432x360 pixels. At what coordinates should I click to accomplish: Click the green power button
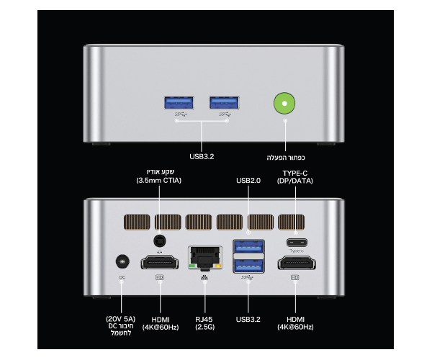click(284, 104)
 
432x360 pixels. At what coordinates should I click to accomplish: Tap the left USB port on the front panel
click(179, 104)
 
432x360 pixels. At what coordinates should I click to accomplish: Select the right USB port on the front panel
click(223, 104)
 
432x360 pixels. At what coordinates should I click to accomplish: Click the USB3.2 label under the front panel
click(202, 156)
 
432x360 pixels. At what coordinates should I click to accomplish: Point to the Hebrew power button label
click(286, 157)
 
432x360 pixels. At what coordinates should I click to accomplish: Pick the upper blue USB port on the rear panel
click(248, 246)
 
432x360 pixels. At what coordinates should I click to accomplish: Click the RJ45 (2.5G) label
click(204, 323)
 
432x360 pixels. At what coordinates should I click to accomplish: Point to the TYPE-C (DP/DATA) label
click(295, 177)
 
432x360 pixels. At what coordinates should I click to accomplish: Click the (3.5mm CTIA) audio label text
click(159, 181)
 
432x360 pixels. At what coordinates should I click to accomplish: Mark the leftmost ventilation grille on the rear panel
click(137, 222)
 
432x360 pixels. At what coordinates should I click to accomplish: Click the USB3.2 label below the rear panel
click(249, 318)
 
